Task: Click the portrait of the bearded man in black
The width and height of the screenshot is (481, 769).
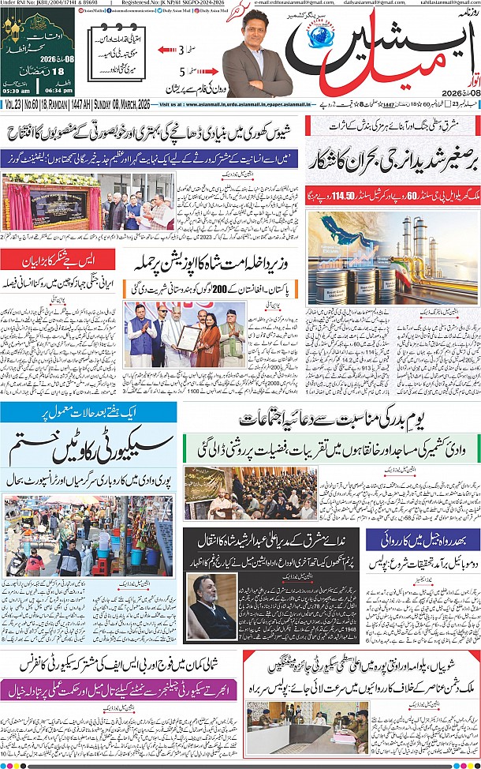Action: point(209,606)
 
